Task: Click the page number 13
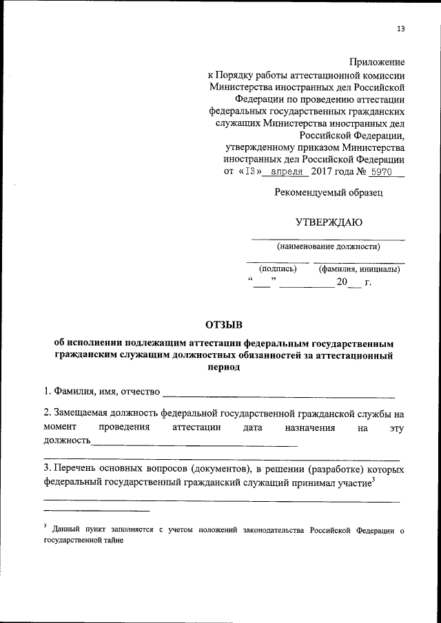click(400, 29)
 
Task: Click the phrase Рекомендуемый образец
click(327, 193)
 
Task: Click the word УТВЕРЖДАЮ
click(328, 222)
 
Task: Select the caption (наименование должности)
click(328, 246)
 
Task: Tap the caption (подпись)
click(277, 269)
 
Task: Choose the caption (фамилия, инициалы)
click(359, 269)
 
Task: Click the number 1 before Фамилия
click(45, 392)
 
